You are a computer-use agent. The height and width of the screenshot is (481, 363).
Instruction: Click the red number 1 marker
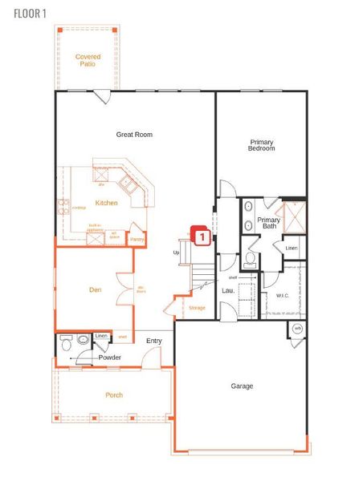tap(203, 236)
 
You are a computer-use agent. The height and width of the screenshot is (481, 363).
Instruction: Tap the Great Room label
tap(134, 135)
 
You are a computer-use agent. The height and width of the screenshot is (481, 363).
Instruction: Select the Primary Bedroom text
tap(262, 145)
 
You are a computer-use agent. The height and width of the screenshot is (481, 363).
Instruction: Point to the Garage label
tap(242, 386)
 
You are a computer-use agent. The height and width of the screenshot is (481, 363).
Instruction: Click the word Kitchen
tap(107, 203)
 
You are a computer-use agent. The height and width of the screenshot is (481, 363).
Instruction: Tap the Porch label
tap(114, 395)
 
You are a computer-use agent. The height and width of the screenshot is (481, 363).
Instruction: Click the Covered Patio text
tap(88, 60)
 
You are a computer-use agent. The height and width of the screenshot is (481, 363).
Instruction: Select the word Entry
tap(154, 341)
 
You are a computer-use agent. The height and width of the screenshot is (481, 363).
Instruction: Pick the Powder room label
tap(110, 358)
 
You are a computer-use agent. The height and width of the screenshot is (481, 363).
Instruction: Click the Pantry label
tap(137, 238)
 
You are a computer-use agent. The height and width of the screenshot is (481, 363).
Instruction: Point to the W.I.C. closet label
tap(282, 295)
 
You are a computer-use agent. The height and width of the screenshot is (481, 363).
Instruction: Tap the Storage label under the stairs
tap(197, 308)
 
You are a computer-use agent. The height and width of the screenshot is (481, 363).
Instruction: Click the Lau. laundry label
tap(228, 290)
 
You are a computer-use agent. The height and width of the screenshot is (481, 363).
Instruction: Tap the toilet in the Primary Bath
tap(250, 259)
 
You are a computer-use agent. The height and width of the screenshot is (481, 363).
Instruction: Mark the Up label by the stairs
tap(176, 253)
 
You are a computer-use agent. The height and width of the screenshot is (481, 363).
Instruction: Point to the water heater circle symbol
tap(297, 329)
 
